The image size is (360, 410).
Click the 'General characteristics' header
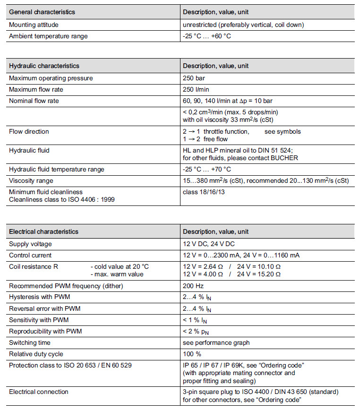(42, 12)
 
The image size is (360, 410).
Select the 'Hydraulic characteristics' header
(44, 66)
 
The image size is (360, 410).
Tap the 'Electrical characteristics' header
(43, 231)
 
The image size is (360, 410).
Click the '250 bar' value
(194, 78)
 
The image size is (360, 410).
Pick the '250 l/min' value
(196, 89)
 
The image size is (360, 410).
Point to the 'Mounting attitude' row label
(34, 25)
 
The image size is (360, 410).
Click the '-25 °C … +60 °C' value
(207, 36)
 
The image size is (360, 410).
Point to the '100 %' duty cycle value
(192, 354)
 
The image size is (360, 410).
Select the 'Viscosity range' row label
(31, 180)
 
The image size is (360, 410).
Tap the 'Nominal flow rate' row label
(34, 100)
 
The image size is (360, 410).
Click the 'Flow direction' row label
(29, 131)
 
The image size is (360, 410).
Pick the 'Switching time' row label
(30, 342)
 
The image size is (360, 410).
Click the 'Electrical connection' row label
(39, 392)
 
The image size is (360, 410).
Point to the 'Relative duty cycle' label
(36, 354)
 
